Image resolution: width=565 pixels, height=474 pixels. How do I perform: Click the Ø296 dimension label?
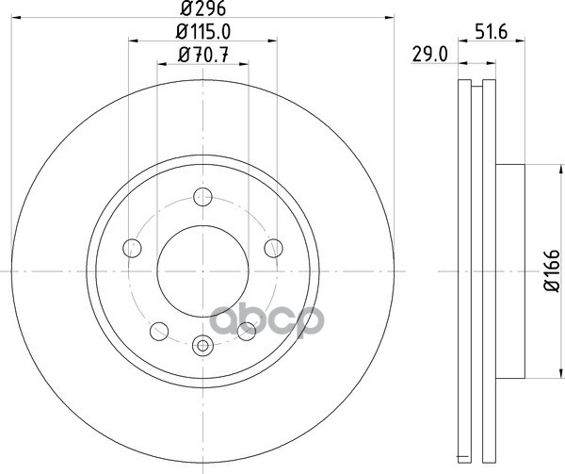[202, 8]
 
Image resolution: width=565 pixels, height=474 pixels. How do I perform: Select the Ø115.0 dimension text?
[202, 32]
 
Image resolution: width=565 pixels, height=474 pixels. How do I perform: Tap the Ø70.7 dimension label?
[202, 56]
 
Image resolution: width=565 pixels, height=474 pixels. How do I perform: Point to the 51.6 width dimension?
[492, 32]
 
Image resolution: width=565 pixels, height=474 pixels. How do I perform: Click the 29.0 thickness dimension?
[430, 56]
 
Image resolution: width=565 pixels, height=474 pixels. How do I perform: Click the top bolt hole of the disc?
[202, 197]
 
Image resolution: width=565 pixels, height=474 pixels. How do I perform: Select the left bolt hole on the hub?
[132, 248]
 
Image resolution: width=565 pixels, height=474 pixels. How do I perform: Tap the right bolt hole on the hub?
[273, 248]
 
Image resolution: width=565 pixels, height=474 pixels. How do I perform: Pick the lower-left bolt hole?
[159, 332]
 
